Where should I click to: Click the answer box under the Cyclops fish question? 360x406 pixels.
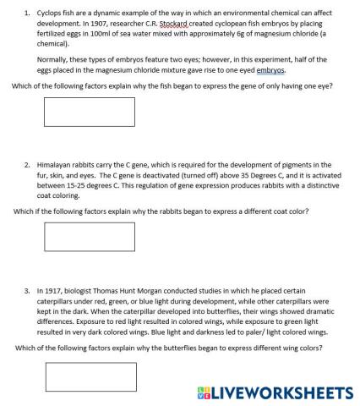pyautogui.click(x=77, y=112)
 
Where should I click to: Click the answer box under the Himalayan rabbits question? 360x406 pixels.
pyautogui.click(x=77, y=237)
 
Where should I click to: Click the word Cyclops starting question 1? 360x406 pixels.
pyautogui.click(x=52, y=14)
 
